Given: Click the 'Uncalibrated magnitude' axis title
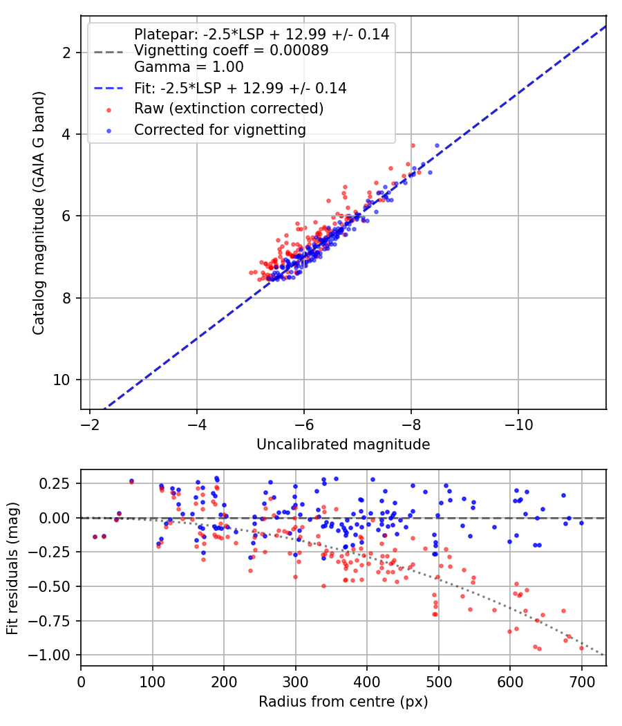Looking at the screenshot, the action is click(343, 445).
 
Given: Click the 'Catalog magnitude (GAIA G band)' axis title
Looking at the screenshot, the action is click(39, 213).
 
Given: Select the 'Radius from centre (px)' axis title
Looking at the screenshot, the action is click(343, 702).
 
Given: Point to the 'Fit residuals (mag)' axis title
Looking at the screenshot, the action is click(12, 568).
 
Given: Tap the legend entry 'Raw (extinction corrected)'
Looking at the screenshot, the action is click(229, 109).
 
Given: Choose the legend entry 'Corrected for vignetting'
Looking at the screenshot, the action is click(220, 130).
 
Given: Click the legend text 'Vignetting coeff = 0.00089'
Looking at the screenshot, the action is click(232, 50).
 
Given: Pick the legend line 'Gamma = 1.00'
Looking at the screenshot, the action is click(189, 66).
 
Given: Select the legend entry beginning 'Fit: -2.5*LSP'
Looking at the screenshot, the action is click(241, 88).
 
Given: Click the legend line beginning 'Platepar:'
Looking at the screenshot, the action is click(261, 34).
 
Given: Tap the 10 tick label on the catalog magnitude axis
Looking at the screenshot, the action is click(61, 380).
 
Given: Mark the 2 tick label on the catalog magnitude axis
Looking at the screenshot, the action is click(66, 53).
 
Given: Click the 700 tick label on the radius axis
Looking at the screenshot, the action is click(581, 682).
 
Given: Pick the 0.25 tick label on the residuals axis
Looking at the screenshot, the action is click(54, 483).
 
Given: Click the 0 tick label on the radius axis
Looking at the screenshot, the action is click(81, 682).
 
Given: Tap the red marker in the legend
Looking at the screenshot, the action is click(109, 110).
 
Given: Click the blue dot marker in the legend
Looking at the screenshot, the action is click(109, 131).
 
